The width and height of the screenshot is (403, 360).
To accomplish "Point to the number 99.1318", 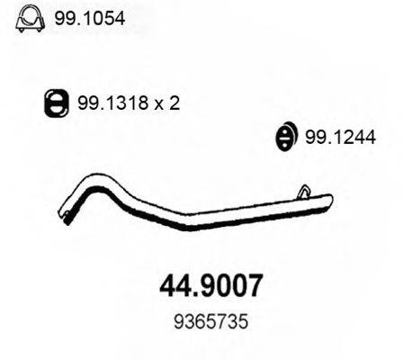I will pyautogui.click(x=112, y=103).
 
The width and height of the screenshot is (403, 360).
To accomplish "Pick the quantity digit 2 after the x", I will pyautogui.click(x=175, y=103).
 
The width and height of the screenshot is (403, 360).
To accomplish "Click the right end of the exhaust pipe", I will pyautogui.click(x=329, y=199).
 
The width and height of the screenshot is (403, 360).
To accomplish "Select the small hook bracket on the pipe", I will pyautogui.click(x=305, y=192).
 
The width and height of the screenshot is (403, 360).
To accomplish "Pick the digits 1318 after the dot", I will pyautogui.click(x=127, y=103).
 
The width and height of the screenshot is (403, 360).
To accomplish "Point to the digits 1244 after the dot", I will pyautogui.click(x=353, y=136).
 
